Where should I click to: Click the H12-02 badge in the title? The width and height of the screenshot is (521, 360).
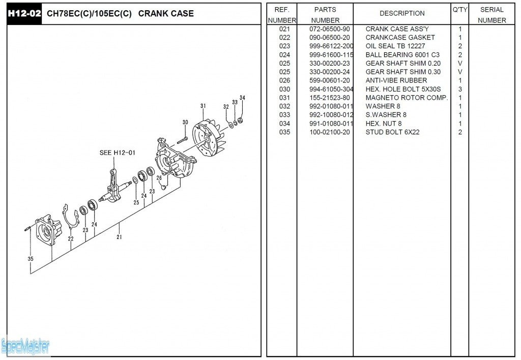coord(24,13)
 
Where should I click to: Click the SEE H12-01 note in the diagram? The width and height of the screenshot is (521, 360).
coord(117,153)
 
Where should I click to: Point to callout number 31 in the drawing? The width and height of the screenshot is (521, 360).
coord(203,106)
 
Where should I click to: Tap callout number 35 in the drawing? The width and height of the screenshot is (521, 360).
coord(31,259)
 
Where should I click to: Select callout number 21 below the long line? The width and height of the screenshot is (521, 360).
coord(119,236)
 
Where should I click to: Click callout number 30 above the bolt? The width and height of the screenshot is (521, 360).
coord(185,122)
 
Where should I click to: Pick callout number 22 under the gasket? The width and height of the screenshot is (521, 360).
coord(71,238)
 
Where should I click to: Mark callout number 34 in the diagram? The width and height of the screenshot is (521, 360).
coord(242,98)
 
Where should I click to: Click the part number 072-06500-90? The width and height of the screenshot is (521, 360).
coord(330,29)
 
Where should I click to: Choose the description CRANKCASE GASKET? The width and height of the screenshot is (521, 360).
coord(400,38)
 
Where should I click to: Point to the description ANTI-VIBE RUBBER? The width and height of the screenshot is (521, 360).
coord(396,80)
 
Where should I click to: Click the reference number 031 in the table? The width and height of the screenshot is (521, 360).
coord(284,98)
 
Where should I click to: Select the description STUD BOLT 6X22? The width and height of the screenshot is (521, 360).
coord(392,132)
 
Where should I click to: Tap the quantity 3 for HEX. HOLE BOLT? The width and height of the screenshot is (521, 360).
coord(460,89)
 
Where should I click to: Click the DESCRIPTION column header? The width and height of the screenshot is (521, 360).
coord(402,13)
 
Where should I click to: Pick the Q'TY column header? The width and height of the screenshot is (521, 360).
coord(459,10)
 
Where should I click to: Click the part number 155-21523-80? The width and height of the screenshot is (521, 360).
coord(330,98)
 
